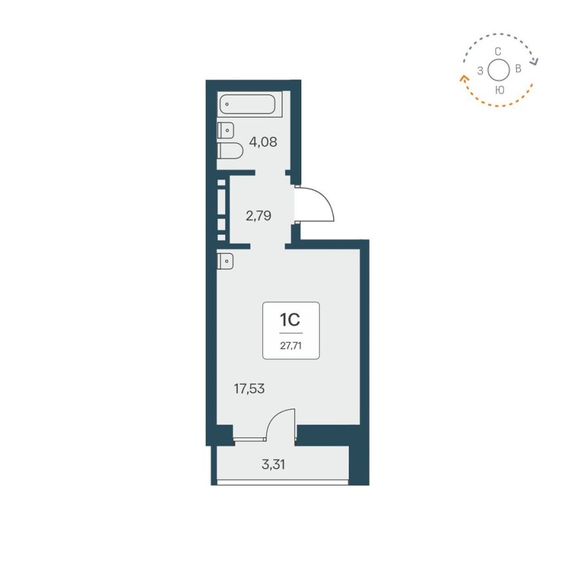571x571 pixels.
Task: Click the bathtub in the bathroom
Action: (250, 104)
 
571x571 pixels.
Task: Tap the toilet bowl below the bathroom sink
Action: (230, 151)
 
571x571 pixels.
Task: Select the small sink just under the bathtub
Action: (225, 129)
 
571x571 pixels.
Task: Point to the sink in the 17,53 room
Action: (225, 260)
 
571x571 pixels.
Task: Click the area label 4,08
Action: (263, 141)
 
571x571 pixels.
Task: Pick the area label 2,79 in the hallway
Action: (259, 216)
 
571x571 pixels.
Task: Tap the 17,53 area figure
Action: (249, 389)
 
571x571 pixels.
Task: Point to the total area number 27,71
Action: (291, 346)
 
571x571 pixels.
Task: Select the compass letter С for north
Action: (499, 51)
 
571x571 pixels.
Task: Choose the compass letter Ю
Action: (499, 90)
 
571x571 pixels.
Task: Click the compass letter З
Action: (480, 70)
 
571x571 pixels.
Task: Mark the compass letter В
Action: (518, 69)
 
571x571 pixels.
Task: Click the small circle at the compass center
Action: (499, 70)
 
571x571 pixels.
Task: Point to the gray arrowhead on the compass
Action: (535, 62)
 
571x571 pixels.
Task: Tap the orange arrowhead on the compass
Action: (463, 78)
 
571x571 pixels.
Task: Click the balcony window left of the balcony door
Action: (249, 438)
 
